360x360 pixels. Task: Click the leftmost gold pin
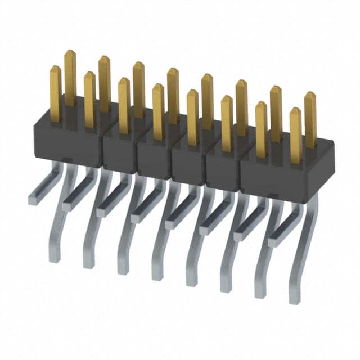pyautogui.click(x=55, y=93)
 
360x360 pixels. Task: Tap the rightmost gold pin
pyautogui.click(x=310, y=118)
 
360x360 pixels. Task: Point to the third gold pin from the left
pyautogui.click(x=89, y=98)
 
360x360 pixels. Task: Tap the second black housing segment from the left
pyautogui.click(x=119, y=152)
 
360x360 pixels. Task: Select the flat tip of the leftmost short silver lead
pyautogui.click(x=32, y=199)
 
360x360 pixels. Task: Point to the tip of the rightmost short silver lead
pyautogui.click(x=273, y=242)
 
